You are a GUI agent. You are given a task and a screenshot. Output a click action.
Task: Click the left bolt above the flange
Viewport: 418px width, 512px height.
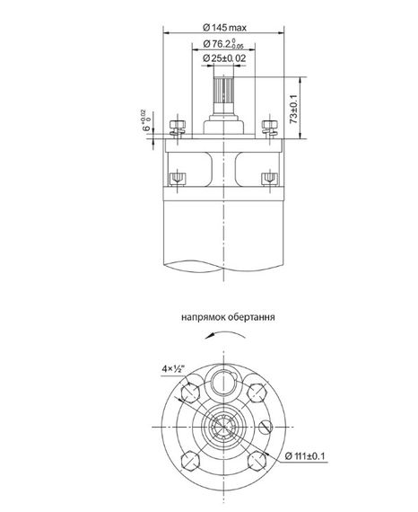click(174, 125)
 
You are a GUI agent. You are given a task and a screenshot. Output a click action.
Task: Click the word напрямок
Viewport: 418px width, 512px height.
click(201, 318)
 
